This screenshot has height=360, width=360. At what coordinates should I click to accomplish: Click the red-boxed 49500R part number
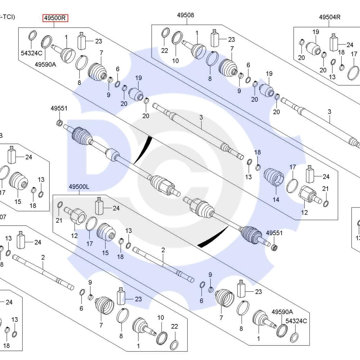pyautogui.click(x=55, y=18)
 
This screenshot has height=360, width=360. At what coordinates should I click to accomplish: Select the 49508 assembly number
pyautogui.click(x=185, y=15)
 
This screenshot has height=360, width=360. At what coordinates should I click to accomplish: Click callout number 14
pyautogui.click(x=276, y=200)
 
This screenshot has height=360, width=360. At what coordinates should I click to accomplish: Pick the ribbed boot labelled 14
pyautogui.click(x=274, y=177)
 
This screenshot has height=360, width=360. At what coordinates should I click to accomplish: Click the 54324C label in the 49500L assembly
pyautogui.click(x=296, y=321)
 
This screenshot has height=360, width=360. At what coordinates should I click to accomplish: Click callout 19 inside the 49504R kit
pyautogui.click(x=316, y=32)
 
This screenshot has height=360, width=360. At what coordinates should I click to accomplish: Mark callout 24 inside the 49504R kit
pyautogui.click(x=350, y=45)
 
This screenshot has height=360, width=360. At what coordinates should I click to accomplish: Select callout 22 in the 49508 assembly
pyautogui.click(x=165, y=51)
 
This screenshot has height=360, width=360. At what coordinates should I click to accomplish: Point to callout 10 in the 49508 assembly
pyautogui.click(x=175, y=61)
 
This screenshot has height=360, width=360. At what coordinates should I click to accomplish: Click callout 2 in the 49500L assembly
pyautogui.click(x=163, y=249)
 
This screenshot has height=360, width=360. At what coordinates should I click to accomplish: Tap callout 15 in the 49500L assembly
pyautogui.click(x=105, y=253)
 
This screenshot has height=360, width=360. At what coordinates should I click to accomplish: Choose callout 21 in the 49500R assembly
pyautogui.click(x=325, y=189)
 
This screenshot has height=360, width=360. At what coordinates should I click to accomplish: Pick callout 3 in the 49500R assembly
pyautogui.click(x=201, y=117)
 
